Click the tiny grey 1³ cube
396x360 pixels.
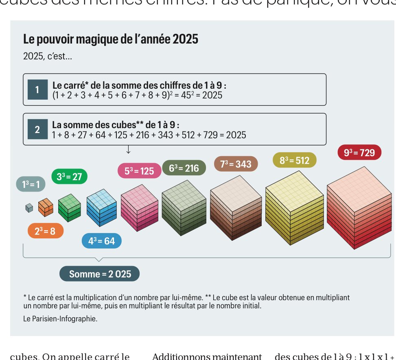[x=29, y=208]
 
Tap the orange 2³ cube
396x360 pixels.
[x=46, y=208]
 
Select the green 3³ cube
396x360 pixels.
[x=70, y=208]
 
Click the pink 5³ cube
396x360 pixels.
[x=139, y=210]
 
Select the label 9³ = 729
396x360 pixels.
[x=359, y=153]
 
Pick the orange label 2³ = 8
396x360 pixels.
[x=45, y=231]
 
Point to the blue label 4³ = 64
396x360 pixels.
[x=101, y=241]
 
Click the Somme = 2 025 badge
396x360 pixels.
[x=100, y=274]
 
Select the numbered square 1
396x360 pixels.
[x=37, y=90]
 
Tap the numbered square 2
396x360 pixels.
[x=37, y=130]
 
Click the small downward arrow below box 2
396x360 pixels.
[x=128, y=150]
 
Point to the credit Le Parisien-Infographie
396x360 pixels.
[x=60, y=319]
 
